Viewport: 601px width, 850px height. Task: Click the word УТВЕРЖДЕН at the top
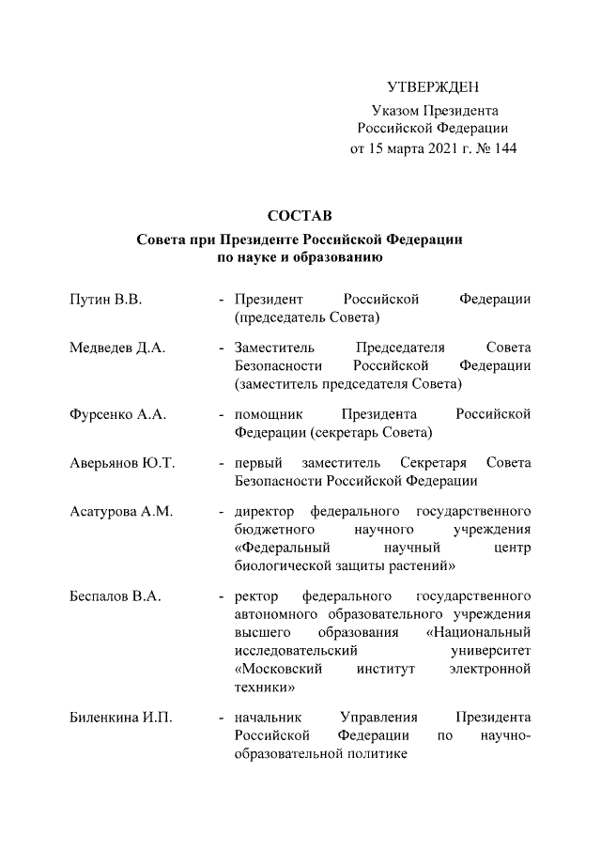point(433,87)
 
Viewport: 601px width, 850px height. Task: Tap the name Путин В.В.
point(105,300)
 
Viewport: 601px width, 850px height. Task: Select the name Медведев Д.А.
point(117,348)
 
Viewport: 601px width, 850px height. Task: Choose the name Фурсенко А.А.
point(116,414)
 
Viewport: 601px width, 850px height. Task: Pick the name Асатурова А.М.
point(121,512)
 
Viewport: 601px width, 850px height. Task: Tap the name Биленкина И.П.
point(120,719)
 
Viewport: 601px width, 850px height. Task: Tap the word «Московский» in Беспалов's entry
point(279,669)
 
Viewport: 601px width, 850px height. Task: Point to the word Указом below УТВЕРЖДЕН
point(394,112)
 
